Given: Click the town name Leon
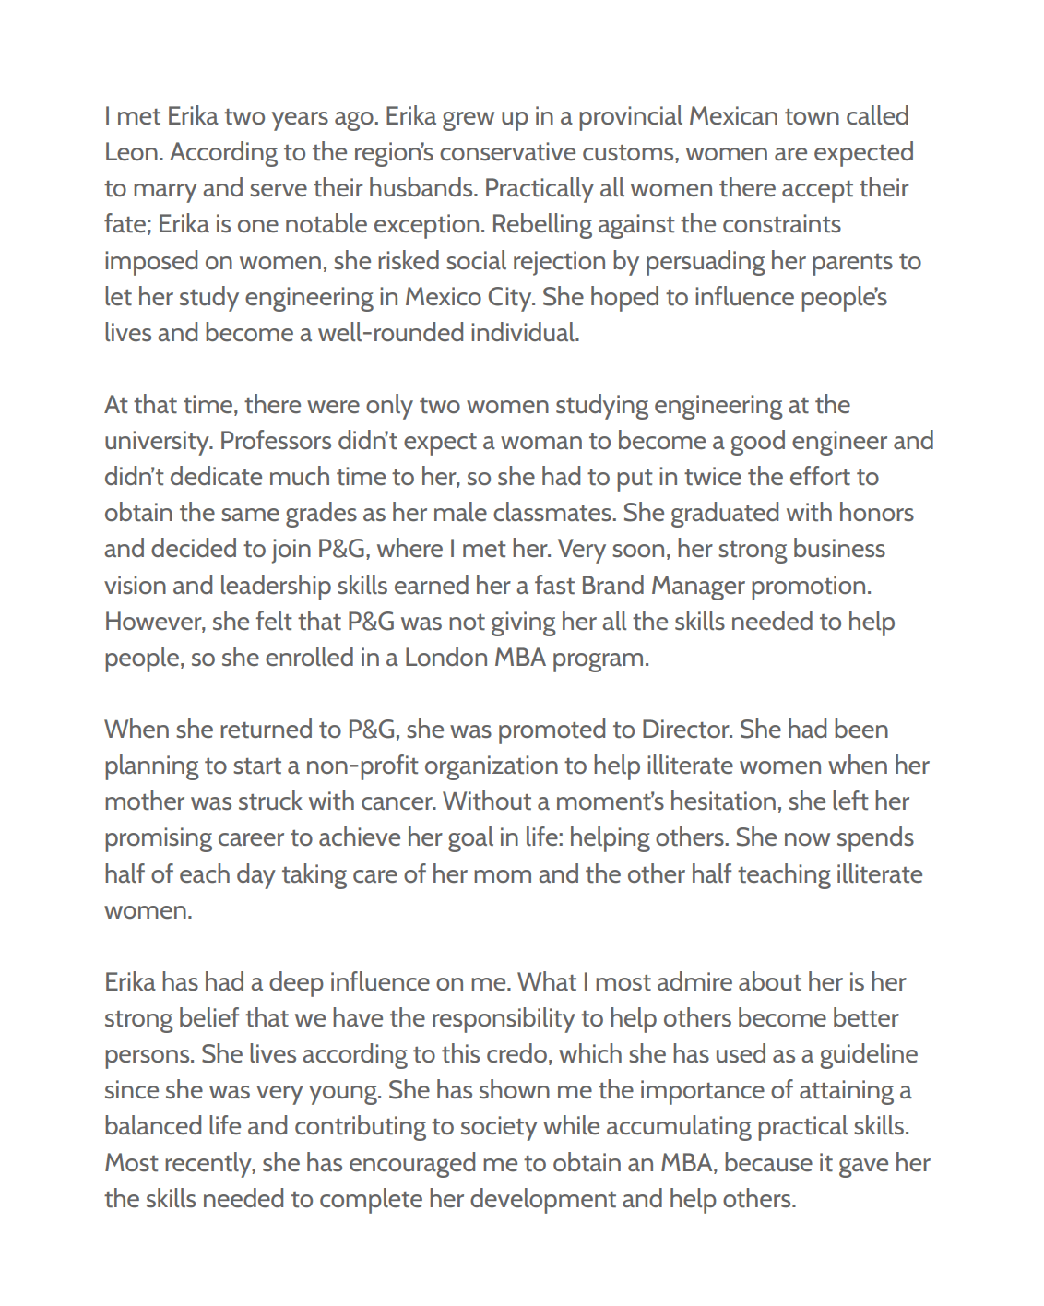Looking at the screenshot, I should tap(134, 152).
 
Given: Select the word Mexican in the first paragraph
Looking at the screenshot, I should tap(733, 116).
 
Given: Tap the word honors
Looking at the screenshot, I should tap(874, 513).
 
